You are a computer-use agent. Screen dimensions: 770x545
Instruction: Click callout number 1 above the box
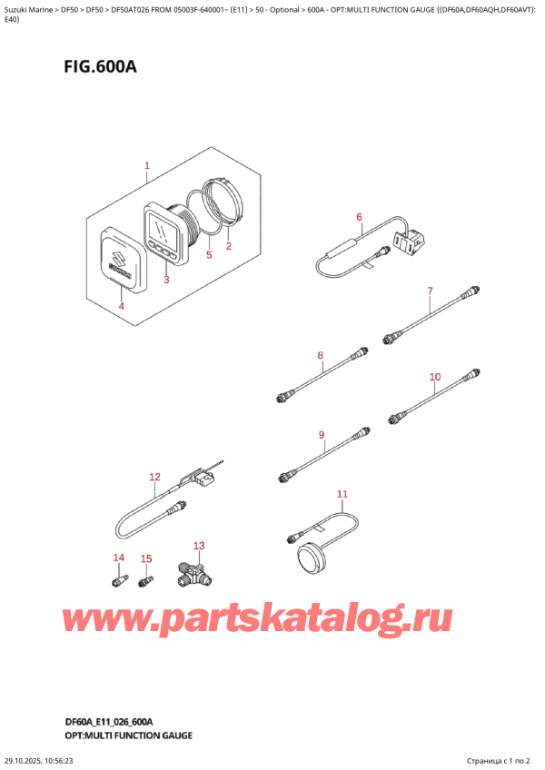[x=146, y=166]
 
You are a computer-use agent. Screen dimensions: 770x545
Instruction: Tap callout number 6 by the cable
[x=359, y=217]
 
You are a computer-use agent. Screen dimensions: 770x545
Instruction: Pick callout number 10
[x=434, y=376]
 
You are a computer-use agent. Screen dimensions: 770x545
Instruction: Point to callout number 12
[x=154, y=477]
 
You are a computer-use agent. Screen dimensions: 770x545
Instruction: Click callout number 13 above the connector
[x=200, y=546]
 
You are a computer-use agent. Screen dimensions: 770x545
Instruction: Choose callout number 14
[x=117, y=557]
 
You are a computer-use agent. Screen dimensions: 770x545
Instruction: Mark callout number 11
[x=342, y=494]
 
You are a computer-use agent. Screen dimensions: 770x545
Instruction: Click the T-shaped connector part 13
[x=193, y=574]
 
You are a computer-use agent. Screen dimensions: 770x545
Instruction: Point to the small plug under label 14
[x=115, y=578]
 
